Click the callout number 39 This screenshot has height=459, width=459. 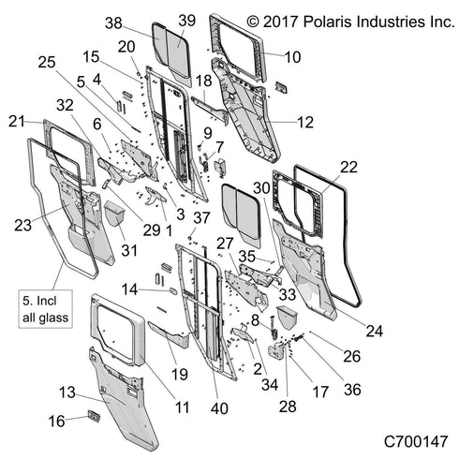[x=186, y=21]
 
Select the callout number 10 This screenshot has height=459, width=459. [x=292, y=57]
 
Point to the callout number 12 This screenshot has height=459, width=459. [x=304, y=121]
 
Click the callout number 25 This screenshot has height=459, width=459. [x=47, y=63]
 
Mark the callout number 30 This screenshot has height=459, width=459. [x=261, y=187]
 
